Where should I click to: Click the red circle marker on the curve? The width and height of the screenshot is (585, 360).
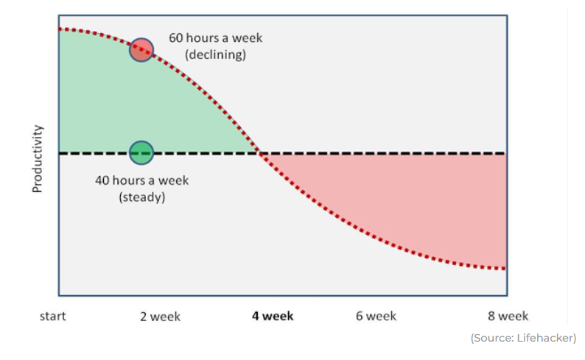[x=141, y=49]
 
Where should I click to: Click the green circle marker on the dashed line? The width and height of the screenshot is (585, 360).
[x=141, y=153]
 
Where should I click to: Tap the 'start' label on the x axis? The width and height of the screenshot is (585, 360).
[x=52, y=316]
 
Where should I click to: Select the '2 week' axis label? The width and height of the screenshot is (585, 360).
[x=160, y=317]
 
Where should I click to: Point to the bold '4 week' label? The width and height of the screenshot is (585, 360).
[x=273, y=316]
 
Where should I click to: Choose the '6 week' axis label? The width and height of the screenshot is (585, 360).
[x=376, y=316]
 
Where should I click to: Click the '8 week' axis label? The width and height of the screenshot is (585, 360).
[x=508, y=316]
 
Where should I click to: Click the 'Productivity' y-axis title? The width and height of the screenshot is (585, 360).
[x=38, y=159]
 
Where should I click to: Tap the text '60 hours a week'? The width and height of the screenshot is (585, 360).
[x=216, y=38]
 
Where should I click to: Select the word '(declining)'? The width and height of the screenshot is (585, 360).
[x=216, y=54]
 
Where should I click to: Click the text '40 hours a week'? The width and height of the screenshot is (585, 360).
[x=141, y=180]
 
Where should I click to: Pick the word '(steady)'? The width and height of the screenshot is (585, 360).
[x=141, y=197]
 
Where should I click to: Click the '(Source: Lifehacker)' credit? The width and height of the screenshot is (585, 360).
[x=523, y=338]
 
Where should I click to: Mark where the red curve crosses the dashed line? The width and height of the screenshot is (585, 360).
[x=260, y=153]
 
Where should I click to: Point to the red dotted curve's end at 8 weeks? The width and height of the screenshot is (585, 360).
[x=505, y=268]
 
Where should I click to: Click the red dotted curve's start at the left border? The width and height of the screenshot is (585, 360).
[x=60, y=29]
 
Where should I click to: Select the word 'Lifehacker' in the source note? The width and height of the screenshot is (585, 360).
[x=545, y=338]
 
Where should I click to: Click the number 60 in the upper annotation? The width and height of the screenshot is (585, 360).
[x=176, y=38]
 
